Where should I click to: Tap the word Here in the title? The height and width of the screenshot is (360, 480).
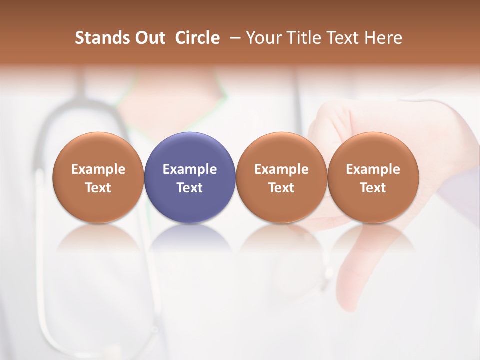click(383, 38)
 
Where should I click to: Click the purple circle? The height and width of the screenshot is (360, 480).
click(190, 177)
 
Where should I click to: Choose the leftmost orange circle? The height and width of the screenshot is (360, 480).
click(98, 177)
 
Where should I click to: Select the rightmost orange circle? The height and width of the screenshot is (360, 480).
click(373, 177)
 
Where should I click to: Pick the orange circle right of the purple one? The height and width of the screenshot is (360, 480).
click(281, 177)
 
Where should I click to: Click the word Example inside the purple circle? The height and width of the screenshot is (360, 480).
click(190, 169)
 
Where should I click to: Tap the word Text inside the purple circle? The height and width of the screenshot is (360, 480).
click(190, 188)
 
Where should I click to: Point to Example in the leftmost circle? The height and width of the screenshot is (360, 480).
click(98, 169)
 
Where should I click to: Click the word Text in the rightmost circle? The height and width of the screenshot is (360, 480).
click(373, 188)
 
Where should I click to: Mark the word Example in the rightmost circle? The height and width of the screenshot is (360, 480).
click(373, 169)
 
